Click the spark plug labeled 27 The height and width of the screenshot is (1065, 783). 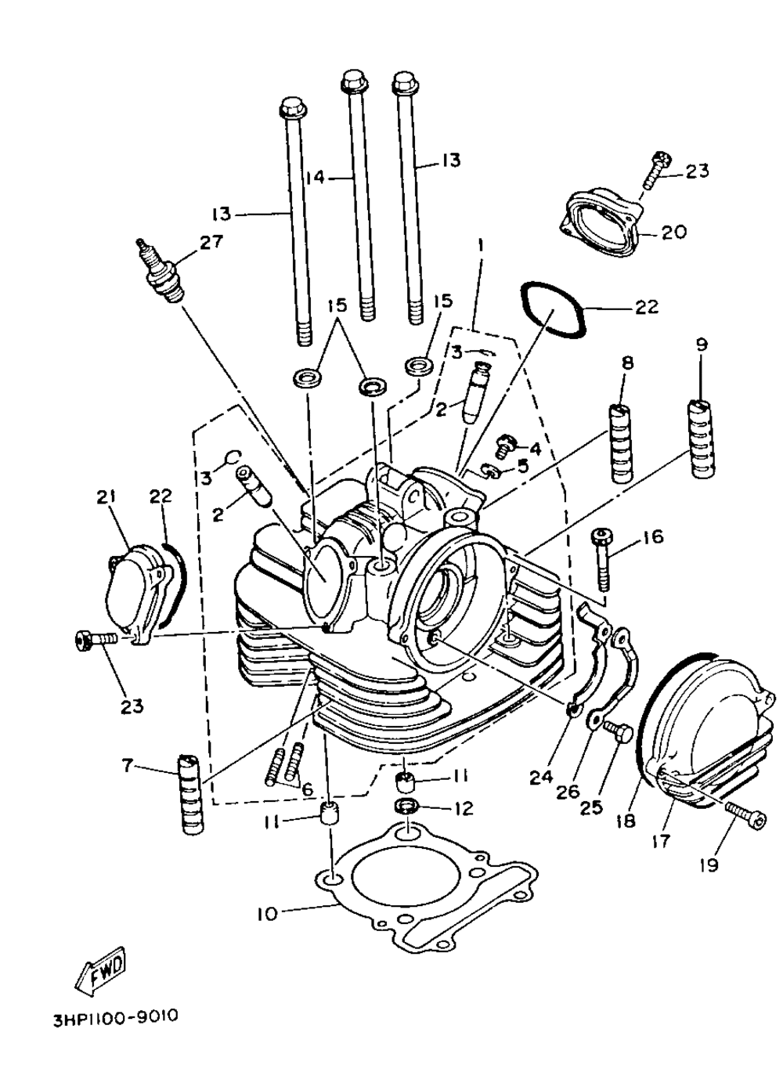[x=163, y=269]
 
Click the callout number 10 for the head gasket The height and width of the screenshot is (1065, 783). [x=267, y=914]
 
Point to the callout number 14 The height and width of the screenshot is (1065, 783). [x=315, y=179]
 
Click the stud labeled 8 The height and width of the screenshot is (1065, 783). [x=621, y=442]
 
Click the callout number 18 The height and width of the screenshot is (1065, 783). [x=626, y=821]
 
